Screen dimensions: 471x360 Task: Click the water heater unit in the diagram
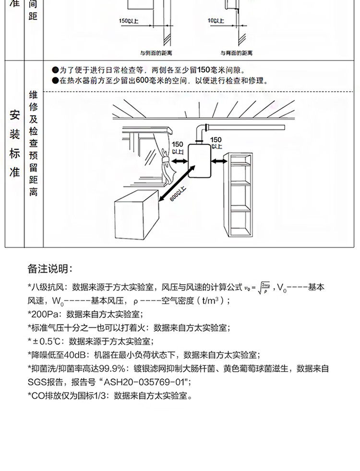point(199,161)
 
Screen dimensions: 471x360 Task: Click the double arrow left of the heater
point(179,162)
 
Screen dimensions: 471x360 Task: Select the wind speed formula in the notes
point(258,288)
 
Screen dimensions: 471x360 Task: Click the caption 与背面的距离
point(234,53)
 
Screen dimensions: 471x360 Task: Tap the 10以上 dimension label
point(216,21)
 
